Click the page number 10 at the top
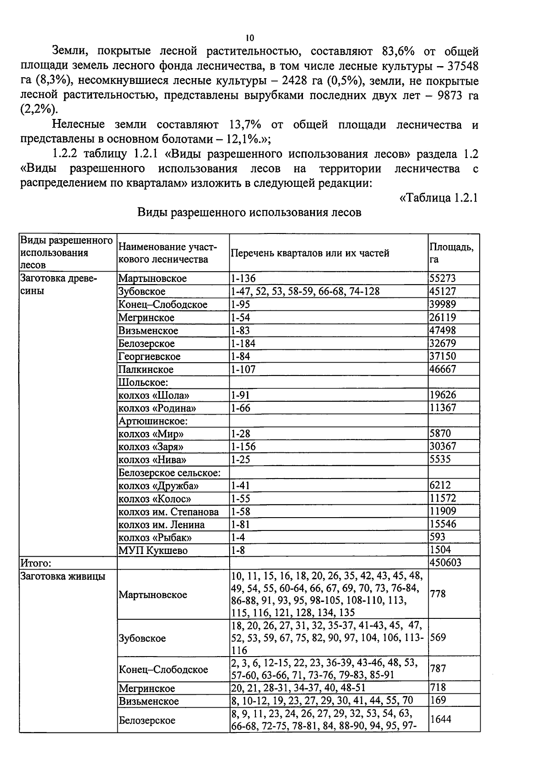[x=250, y=37]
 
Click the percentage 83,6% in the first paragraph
[x=398, y=51]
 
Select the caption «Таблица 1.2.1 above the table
[x=438, y=198]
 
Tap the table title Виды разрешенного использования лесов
[x=249, y=212]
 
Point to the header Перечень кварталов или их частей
[x=310, y=253]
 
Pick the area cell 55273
[x=443, y=278]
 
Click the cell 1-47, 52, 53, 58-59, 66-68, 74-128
[x=305, y=291]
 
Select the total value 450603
[x=445, y=562]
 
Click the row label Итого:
[x=36, y=563]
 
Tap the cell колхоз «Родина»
[x=157, y=408]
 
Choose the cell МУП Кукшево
[x=153, y=550]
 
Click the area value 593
[x=438, y=537]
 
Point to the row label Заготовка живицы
[x=63, y=576]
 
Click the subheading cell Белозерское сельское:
[x=169, y=473]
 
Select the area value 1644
[x=441, y=719]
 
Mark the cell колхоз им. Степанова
[x=169, y=512]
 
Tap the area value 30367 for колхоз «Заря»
[x=443, y=446]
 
